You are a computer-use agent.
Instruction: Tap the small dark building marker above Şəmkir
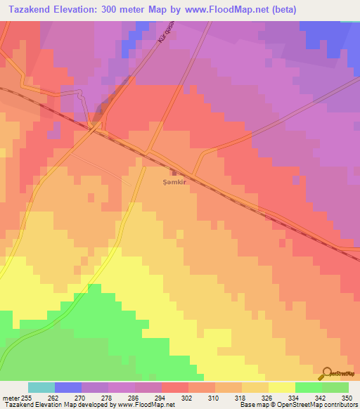point(173,170)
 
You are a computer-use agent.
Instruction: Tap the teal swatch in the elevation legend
point(41,387)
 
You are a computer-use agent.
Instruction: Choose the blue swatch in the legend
point(68,387)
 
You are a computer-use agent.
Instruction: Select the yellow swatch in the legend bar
point(282,387)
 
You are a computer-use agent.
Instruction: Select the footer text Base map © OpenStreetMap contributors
point(297,405)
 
